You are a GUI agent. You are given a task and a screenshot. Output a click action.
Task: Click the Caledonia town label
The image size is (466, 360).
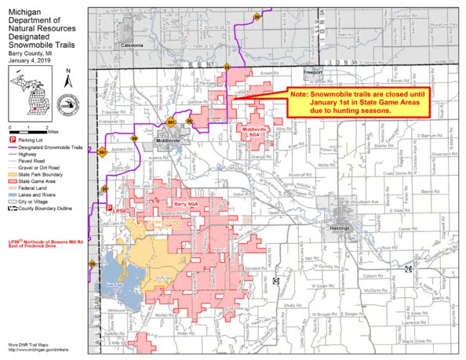(133, 46)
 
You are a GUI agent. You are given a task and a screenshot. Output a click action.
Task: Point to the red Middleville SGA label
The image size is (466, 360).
(255, 129)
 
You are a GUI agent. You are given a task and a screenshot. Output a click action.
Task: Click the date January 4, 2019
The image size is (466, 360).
(31, 60)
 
